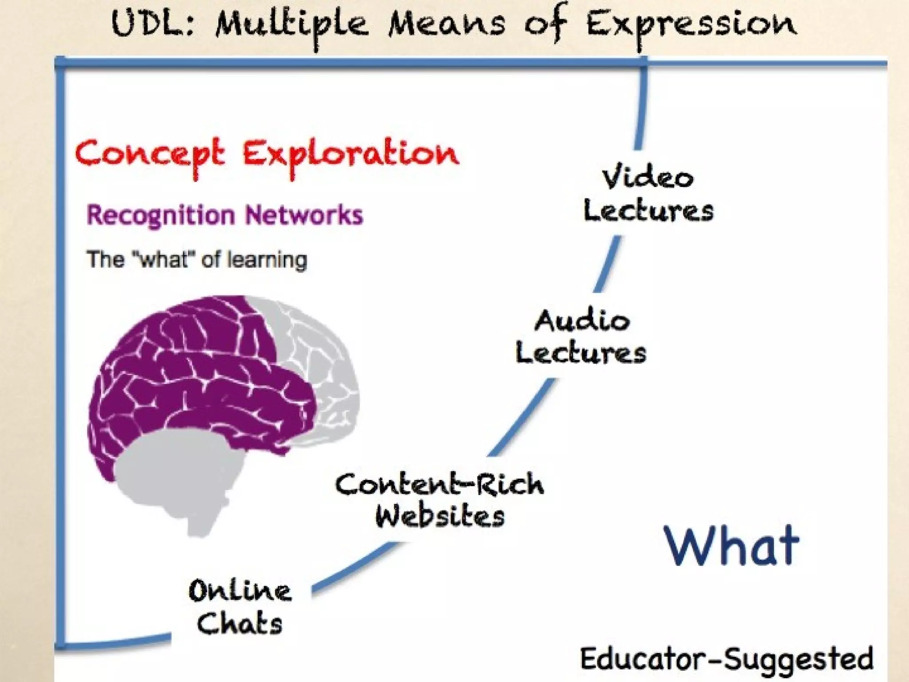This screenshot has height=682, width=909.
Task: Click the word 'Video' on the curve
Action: (648, 178)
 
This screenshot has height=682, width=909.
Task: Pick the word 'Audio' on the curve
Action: (582, 321)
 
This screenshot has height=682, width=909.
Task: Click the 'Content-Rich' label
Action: (439, 484)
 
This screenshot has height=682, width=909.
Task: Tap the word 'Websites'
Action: (439, 516)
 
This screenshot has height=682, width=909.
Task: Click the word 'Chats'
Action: (240, 623)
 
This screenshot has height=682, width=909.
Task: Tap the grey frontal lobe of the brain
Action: (320, 355)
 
